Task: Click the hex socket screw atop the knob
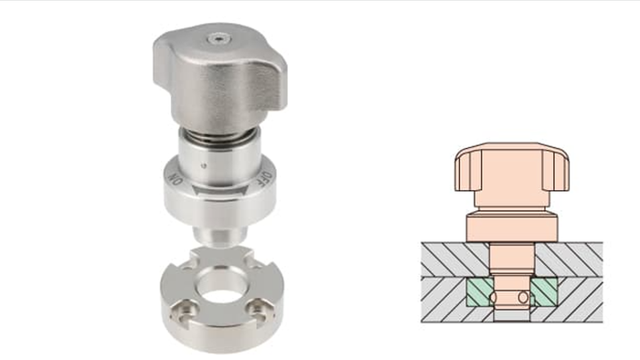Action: (x=219, y=39)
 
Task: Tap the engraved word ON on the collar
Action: (x=176, y=179)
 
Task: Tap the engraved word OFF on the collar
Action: (x=265, y=178)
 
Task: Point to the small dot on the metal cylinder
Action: (x=204, y=165)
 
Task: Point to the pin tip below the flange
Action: (x=220, y=237)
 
